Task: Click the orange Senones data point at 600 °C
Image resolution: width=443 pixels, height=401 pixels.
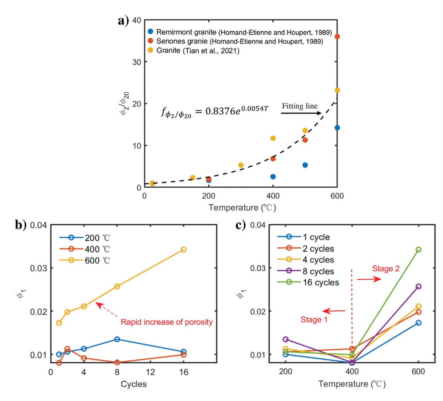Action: point(337,37)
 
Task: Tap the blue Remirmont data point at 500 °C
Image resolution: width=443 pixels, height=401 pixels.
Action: point(305,165)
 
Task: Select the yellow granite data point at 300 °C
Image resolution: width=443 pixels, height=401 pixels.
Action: point(241,165)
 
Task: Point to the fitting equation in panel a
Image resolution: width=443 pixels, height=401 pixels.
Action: point(215,111)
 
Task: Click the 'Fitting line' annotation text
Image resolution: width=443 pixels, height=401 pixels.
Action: point(300,106)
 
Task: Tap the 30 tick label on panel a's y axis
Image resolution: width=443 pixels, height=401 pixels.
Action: point(137,62)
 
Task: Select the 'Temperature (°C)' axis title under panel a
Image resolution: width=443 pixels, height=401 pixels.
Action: point(242,208)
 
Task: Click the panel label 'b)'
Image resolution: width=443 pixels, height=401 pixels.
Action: point(21,225)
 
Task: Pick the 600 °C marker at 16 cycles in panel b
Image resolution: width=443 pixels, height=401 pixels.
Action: point(184,250)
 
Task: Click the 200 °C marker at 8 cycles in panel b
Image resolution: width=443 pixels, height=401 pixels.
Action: point(117,339)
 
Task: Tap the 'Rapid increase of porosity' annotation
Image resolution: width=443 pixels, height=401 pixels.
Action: point(167,322)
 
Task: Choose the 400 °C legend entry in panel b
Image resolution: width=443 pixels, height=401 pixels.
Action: point(85,249)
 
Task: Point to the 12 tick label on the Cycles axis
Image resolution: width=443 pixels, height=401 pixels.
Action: point(150,372)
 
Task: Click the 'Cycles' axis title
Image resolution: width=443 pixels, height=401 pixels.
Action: point(134,384)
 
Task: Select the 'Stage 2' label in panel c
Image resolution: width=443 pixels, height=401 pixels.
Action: point(386,268)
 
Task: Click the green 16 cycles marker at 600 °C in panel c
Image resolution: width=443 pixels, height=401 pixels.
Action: point(418,250)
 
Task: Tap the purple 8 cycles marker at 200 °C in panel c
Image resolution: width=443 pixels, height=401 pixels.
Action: point(285,339)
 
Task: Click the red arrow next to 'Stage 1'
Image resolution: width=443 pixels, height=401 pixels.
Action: point(334,311)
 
